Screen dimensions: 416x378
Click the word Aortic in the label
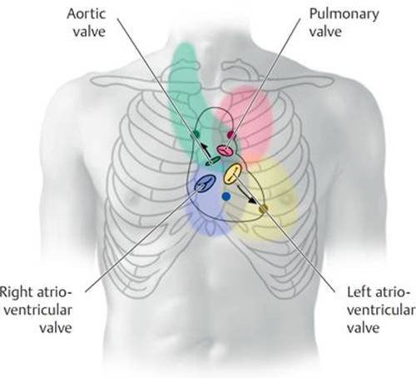click(86, 14)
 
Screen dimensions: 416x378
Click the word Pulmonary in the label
click(344, 15)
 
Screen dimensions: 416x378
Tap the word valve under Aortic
click(89, 32)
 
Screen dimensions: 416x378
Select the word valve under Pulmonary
click(325, 32)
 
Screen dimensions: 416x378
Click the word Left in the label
click(359, 292)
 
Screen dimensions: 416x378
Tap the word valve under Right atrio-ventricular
click(56, 328)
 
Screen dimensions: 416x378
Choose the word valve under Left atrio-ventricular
click(364, 328)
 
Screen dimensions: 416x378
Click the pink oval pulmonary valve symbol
click(225, 151)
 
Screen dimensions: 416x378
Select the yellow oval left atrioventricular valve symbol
click(233, 174)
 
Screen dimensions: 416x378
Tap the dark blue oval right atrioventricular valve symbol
click(206, 183)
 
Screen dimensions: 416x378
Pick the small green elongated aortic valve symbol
click(213, 161)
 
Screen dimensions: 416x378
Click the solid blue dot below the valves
click(226, 196)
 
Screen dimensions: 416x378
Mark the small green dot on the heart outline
click(196, 135)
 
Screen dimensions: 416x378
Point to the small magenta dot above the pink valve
click(230, 135)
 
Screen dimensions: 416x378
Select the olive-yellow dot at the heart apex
click(263, 209)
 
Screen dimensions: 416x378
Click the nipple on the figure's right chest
click(133, 198)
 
